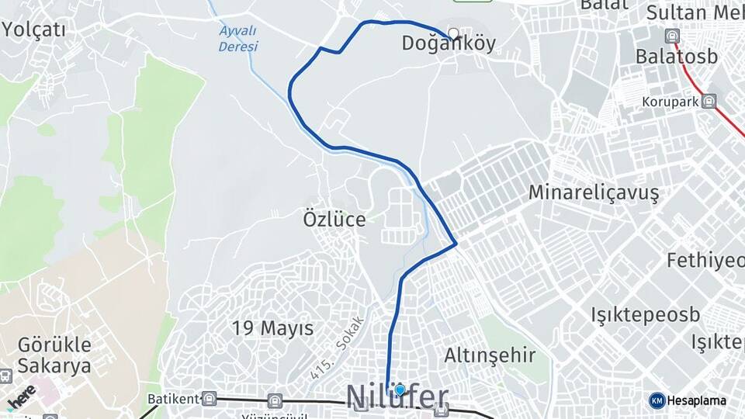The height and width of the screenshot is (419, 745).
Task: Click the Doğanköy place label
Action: click(449, 44)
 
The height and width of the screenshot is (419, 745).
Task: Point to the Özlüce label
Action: click(334, 220)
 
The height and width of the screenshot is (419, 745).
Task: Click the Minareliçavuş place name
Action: click(594, 192)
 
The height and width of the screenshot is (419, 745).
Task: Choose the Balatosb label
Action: click(676, 57)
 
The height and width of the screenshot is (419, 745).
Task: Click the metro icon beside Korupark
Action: click(709, 101)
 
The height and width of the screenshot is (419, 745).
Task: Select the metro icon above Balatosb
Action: click(672, 35)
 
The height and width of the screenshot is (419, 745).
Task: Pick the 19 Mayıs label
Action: click(272, 328)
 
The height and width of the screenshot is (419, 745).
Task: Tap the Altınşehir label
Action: click(490, 356)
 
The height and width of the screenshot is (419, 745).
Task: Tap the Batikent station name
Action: click(172, 399)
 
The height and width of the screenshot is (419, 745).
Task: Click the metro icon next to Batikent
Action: click(209, 399)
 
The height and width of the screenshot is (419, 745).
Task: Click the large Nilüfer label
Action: click(397, 397)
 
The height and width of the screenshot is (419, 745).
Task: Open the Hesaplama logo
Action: click(688, 400)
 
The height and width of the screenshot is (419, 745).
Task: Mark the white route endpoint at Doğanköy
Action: click(453, 33)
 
